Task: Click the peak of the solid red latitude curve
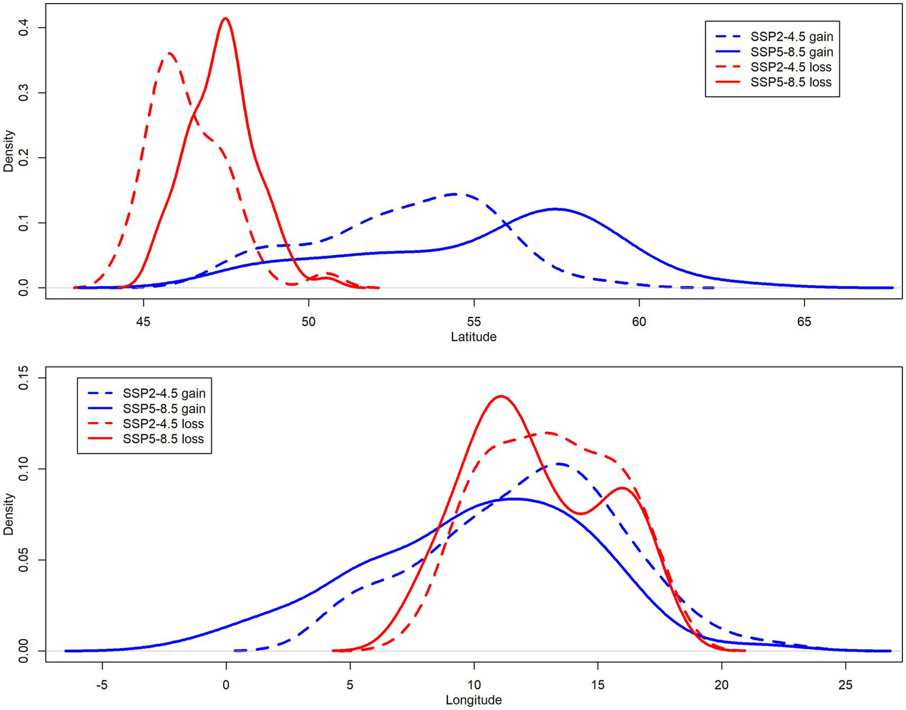click(x=225, y=18)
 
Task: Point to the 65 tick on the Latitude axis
click(x=804, y=299)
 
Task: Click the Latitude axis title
click(x=473, y=337)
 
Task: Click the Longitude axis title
click(x=473, y=701)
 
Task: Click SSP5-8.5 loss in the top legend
click(x=790, y=83)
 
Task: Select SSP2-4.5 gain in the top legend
click(x=791, y=37)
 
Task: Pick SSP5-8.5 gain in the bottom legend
click(x=163, y=408)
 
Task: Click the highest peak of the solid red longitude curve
click(x=501, y=396)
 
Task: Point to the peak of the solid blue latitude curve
click(x=555, y=209)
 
